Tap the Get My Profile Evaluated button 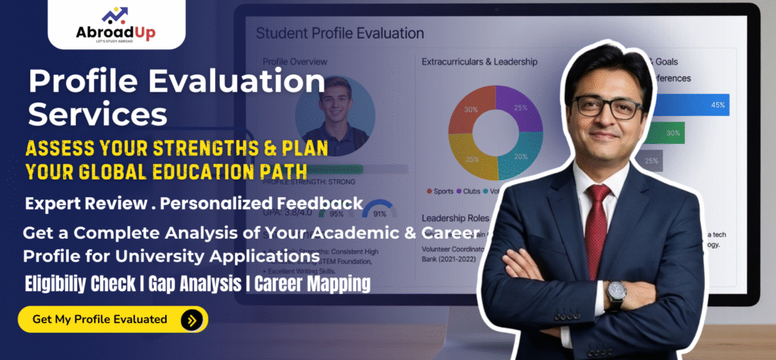(112, 319)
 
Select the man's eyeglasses (607, 106)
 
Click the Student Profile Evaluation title (339, 33)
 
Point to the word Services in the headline (98, 114)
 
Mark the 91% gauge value (381, 214)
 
